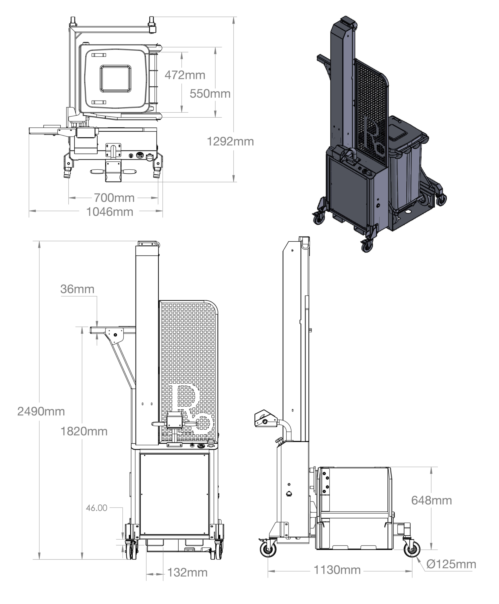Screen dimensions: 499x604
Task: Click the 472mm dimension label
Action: pyautogui.click(x=185, y=75)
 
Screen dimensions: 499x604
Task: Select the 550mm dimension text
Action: pyautogui.click(x=210, y=94)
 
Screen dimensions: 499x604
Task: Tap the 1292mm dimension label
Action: pyautogui.click(x=230, y=141)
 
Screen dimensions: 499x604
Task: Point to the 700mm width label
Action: pyautogui.click(x=114, y=198)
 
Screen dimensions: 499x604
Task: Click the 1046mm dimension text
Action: pyautogui.click(x=110, y=212)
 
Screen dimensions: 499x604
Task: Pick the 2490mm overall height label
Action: pyautogui.click(x=41, y=411)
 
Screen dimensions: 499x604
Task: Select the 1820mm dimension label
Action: pyautogui.click(x=84, y=431)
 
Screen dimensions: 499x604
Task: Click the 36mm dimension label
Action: pyautogui.click(x=77, y=289)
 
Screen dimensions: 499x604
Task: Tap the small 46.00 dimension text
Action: pyautogui.click(x=96, y=508)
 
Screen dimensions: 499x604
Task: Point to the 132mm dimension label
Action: pyautogui.click(x=187, y=572)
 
